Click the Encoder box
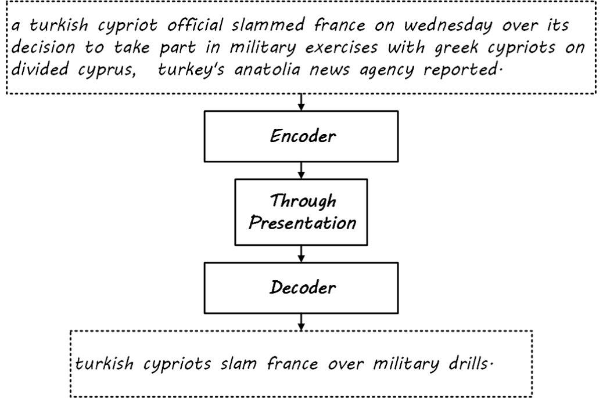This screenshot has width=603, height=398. click(x=301, y=136)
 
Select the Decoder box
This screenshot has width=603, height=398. click(x=301, y=288)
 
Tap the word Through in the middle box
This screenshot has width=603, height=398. click(x=303, y=201)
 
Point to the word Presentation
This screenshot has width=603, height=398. click(x=302, y=223)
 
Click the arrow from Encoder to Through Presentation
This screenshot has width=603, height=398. click(x=301, y=170)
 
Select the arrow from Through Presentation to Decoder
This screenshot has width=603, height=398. click(x=301, y=254)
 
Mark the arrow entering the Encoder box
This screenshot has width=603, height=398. click(x=301, y=102)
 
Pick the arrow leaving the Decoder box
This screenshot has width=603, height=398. click(x=301, y=322)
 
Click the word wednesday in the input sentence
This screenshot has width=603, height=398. click(x=448, y=26)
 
